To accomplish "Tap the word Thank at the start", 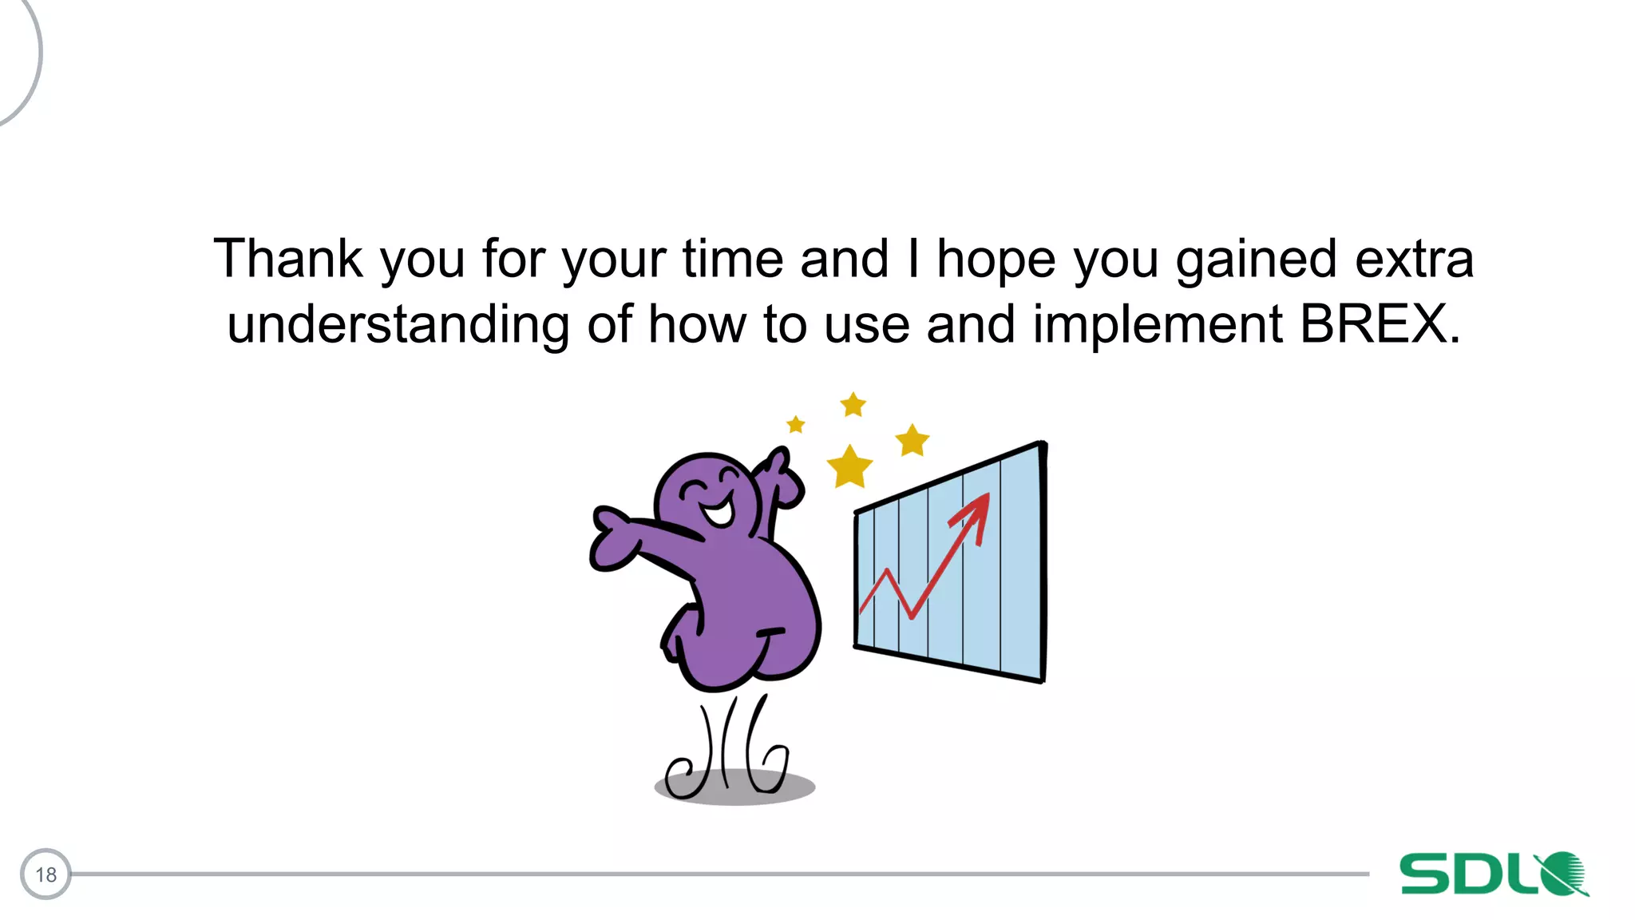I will (x=288, y=259).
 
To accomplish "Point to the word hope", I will (x=996, y=260).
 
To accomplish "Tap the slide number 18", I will (x=46, y=874).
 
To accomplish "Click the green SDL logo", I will (x=1493, y=874).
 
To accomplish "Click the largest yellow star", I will (x=849, y=467).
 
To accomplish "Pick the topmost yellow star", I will (x=853, y=405).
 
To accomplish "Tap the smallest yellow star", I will (x=796, y=424).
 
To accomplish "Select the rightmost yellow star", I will (x=912, y=440).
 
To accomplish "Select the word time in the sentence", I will (x=732, y=259).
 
